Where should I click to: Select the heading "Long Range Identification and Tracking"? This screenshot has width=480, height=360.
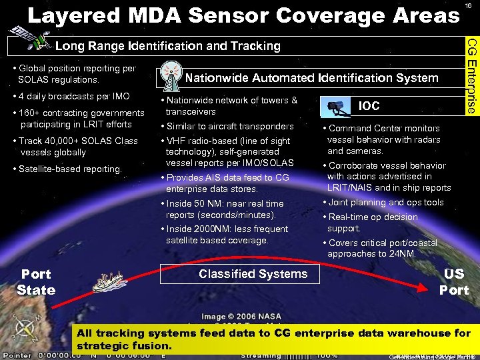(167, 46)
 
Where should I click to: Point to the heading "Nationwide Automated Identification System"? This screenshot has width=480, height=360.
(311, 78)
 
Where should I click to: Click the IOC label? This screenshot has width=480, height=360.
(369, 105)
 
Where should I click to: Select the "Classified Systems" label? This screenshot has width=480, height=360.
(253, 274)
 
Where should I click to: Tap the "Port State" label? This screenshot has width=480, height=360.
(36, 282)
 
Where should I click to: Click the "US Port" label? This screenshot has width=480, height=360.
(453, 282)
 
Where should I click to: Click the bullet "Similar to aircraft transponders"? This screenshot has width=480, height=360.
(229, 127)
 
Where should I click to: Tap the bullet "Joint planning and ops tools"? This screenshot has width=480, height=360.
(385, 202)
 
